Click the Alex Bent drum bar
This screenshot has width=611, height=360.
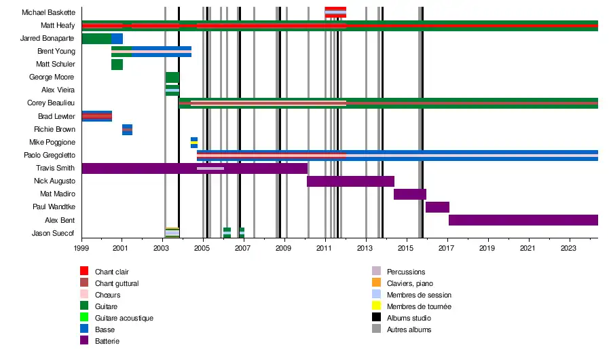tap(523, 220)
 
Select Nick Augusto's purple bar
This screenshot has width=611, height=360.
tap(350, 181)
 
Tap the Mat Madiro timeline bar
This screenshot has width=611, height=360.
tap(409, 194)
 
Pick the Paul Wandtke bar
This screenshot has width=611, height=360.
tap(437, 207)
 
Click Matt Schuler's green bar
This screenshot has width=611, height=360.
tap(117, 65)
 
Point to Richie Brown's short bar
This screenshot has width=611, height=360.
tap(127, 130)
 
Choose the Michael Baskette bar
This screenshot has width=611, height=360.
tap(335, 12)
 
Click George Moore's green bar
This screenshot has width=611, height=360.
tap(172, 77)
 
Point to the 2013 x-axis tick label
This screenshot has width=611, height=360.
tap(365, 249)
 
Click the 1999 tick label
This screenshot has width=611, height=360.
tap(81, 249)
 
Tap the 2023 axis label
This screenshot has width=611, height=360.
tap(568, 249)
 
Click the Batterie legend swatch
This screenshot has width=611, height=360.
tap(85, 341)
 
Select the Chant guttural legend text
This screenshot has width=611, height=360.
tap(117, 283)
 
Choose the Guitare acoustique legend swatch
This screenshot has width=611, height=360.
tap(85, 318)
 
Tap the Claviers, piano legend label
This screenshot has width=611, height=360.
tap(410, 283)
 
